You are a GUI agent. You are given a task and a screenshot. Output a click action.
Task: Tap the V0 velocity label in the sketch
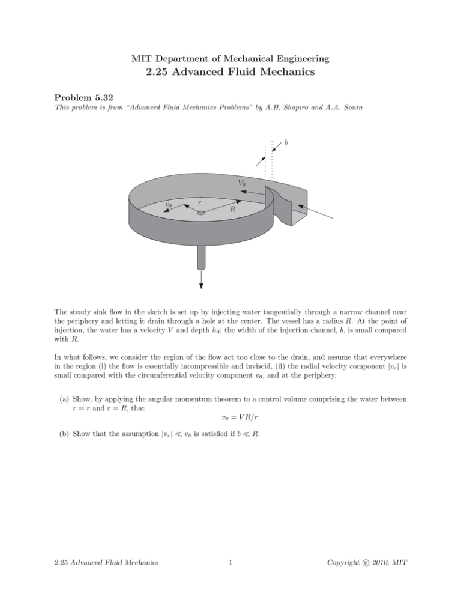[x=241, y=182]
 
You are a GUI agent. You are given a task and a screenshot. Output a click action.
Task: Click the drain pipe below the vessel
[x=201, y=259]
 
